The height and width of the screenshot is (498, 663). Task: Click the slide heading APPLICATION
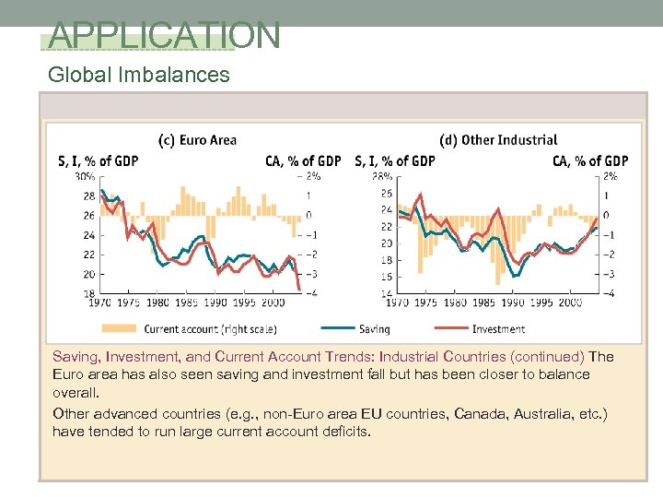164,35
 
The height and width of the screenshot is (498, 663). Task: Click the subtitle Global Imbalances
139,75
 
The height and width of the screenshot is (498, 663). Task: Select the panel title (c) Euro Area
198,140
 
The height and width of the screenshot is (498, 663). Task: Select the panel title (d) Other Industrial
498,140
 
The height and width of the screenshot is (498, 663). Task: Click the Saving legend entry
374,328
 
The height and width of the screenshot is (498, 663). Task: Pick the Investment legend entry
498,328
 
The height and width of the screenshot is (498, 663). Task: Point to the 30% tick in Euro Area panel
85,176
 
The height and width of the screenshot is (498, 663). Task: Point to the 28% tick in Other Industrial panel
382,176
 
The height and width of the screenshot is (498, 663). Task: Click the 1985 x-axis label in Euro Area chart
186,302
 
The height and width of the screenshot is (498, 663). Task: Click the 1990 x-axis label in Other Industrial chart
512,302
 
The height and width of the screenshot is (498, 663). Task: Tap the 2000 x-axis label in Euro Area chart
272,302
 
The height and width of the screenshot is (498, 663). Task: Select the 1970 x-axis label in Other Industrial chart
397,302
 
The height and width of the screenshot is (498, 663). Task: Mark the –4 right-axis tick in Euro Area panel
312,293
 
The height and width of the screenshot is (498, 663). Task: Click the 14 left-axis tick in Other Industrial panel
386,293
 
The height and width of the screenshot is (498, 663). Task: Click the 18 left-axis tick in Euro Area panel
88,293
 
